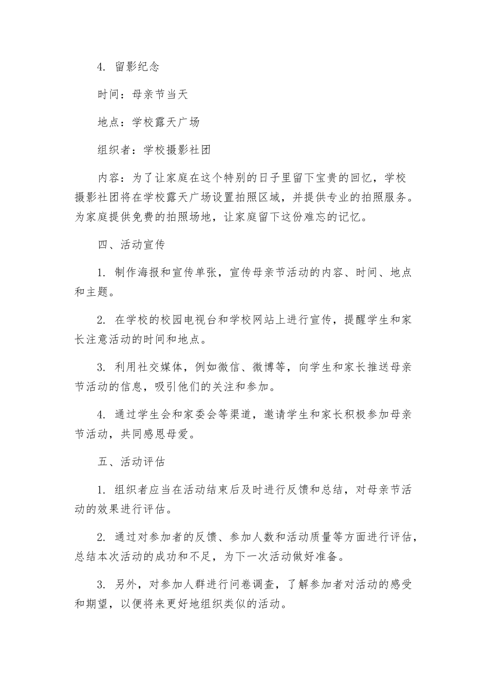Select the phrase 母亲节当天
click(160, 94)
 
